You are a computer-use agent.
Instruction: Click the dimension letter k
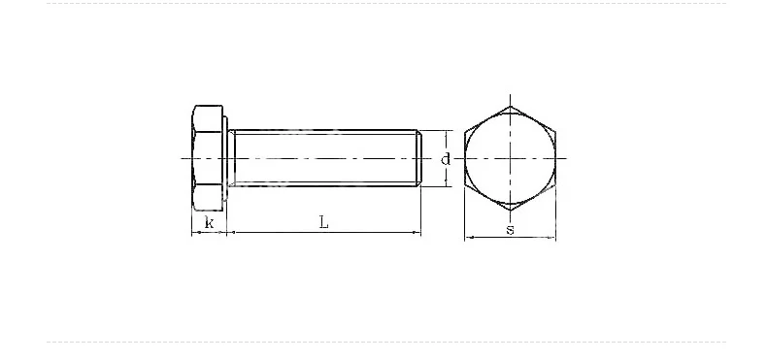pyautogui.click(x=210, y=223)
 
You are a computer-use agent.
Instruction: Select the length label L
pyautogui.click(x=324, y=223)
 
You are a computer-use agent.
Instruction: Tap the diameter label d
pyautogui.click(x=445, y=159)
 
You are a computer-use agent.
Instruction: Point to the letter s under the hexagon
pyautogui.click(x=510, y=230)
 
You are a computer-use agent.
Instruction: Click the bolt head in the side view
pyautogui.click(x=208, y=158)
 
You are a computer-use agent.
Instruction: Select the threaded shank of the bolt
pyautogui.click(x=325, y=158)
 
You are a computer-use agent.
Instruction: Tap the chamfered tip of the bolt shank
pyautogui.click(x=418, y=158)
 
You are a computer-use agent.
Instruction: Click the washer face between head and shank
pyautogui.click(x=226, y=158)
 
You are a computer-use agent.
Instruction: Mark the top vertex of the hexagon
pyautogui.click(x=510, y=106)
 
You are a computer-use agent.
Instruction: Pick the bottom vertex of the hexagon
pyautogui.click(x=510, y=211)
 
